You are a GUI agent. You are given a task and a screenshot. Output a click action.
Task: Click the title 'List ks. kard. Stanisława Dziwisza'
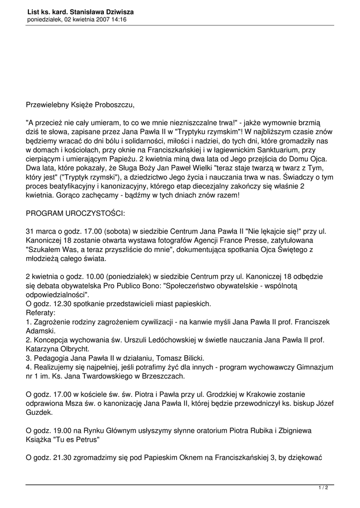(x=80, y=11)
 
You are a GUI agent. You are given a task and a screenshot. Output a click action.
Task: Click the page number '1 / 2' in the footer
(x=323, y=488)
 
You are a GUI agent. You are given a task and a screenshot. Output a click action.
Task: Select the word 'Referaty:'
(x=41, y=313)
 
